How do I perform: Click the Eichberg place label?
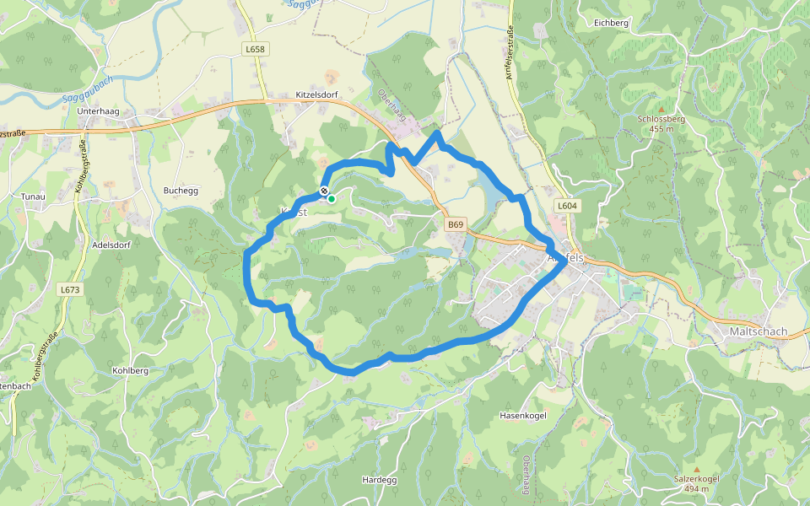click(612, 23)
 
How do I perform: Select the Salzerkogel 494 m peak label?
click(696, 483)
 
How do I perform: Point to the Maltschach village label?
click(758, 331)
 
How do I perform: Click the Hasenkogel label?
click(523, 416)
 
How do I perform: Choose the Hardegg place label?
click(379, 479)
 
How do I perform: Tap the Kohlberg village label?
click(130, 370)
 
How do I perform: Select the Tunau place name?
click(34, 196)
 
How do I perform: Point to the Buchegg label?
click(181, 191)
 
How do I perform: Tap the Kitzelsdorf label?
click(316, 94)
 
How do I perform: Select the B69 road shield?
click(456, 224)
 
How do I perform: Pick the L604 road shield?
click(567, 206)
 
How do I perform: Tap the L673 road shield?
click(70, 289)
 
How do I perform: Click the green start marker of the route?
click(332, 199)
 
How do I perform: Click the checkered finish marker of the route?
click(324, 191)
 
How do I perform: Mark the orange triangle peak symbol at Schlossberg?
click(661, 110)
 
